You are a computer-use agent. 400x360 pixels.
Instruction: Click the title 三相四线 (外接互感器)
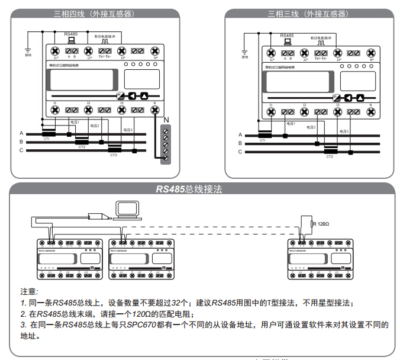pos(92,14)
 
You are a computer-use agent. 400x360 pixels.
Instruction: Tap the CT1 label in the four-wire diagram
pos(46,139)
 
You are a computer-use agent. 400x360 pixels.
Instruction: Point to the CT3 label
pos(114,155)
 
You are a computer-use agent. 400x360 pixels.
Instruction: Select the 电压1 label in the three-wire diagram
pos(290,124)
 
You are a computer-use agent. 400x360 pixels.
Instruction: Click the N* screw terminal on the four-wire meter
pos(156,52)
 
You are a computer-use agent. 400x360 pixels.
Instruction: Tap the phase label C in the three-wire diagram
pos(240,152)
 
